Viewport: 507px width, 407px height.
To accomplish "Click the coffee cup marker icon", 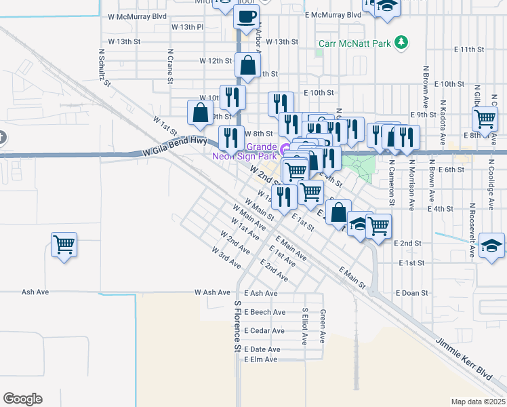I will click(x=246, y=16).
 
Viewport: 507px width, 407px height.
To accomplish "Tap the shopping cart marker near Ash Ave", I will click(x=64, y=244).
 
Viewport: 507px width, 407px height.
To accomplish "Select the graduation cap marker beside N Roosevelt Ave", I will click(x=491, y=245).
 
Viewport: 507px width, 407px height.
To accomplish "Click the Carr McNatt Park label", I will click(x=355, y=43).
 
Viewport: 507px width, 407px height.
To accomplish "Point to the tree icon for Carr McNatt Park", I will click(x=402, y=43).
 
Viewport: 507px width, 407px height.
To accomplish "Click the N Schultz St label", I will click(x=104, y=67).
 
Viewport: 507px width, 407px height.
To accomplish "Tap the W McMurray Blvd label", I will click(x=132, y=16).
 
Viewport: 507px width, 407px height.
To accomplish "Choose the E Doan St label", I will click(x=412, y=293).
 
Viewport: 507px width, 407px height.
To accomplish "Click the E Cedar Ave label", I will click(x=264, y=330).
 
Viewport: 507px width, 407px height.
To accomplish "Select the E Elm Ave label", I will click(x=261, y=359).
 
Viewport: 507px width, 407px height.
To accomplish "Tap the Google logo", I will click(x=22, y=399).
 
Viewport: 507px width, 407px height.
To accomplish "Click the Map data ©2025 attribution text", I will click(x=478, y=402).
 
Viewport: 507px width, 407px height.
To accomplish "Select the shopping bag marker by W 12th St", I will click(x=249, y=66).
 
